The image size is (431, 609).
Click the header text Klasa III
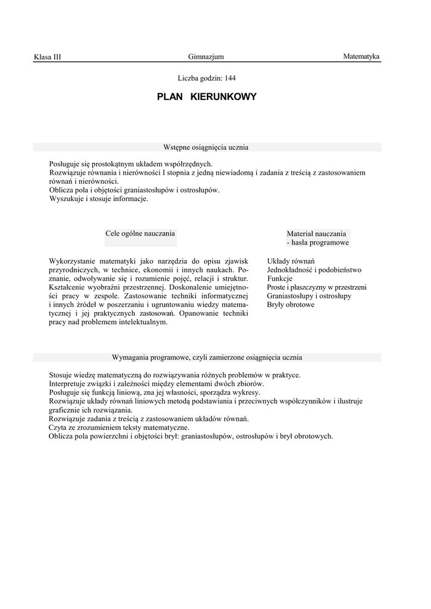point(48,57)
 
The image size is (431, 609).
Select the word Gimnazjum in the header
point(206,56)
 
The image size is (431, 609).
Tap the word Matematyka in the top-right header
point(361,56)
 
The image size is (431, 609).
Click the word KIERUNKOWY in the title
point(224,96)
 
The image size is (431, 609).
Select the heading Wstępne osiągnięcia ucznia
point(206,147)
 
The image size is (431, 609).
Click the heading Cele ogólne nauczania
point(140,234)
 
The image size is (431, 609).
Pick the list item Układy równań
point(291,261)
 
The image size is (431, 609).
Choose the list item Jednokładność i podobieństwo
point(314,270)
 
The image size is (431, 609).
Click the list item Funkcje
point(280,278)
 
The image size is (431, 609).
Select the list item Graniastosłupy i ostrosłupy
point(309,296)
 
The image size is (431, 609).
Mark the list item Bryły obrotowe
point(291,304)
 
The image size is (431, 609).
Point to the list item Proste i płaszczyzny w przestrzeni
point(316,287)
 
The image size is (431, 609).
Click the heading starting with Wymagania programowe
point(207,357)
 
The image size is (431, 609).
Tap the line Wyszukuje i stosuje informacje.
point(99,199)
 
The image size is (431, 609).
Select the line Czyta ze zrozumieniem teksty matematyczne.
point(119,427)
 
